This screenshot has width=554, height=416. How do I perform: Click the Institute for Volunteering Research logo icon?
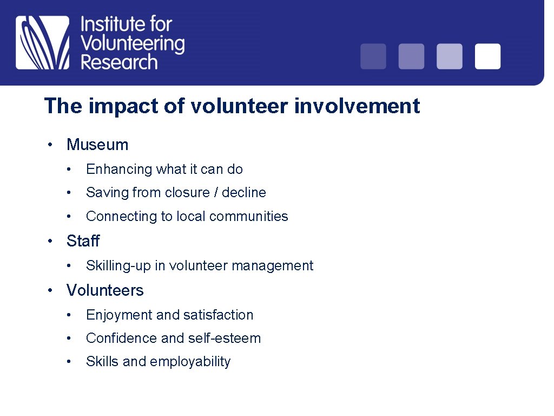(x=43, y=43)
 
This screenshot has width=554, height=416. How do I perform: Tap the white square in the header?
(x=487, y=56)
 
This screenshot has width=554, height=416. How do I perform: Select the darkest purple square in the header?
(x=373, y=56)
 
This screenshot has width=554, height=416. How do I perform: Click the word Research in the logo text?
(x=119, y=62)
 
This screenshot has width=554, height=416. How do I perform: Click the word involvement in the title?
(x=357, y=106)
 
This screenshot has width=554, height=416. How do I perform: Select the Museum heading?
(x=97, y=145)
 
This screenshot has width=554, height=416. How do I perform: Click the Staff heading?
(x=83, y=240)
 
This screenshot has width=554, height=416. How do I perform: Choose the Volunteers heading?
(x=105, y=290)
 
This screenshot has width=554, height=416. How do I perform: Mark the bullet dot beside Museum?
(x=50, y=145)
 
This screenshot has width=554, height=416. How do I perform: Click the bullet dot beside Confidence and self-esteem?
(x=69, y=338)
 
